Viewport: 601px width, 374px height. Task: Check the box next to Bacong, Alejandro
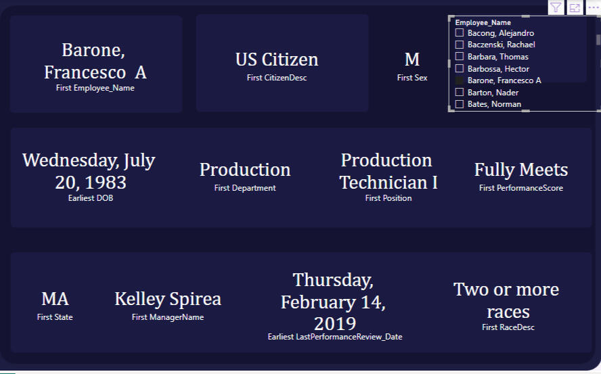point(459,32)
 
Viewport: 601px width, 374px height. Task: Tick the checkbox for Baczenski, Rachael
point(459,45)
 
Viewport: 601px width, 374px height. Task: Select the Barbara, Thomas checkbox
point(459,56)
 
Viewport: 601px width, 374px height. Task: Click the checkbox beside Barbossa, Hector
point(459,68)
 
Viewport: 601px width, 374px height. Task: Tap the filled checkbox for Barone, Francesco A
point(459,80)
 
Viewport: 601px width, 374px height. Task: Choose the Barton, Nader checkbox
point(459,93)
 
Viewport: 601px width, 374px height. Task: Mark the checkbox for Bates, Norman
point(459,104)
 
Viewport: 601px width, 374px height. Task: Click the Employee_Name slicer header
point(483,22)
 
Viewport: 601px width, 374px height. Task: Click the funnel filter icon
point(556,7)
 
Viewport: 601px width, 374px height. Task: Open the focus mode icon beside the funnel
point(575,7)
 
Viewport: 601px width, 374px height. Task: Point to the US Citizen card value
point(277,60)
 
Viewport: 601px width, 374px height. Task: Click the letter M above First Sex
point(412,60)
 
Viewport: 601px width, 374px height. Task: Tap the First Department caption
point(245,188)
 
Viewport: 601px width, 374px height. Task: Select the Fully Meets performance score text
point(521,169)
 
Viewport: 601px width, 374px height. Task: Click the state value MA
point(55,299)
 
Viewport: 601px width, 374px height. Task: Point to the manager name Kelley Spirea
point(168,299)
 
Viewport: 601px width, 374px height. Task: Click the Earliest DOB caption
point(91,198)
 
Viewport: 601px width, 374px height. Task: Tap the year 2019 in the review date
point(335,324)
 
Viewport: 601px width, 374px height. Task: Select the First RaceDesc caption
point(508,327)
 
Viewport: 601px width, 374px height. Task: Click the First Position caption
point(388,198)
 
